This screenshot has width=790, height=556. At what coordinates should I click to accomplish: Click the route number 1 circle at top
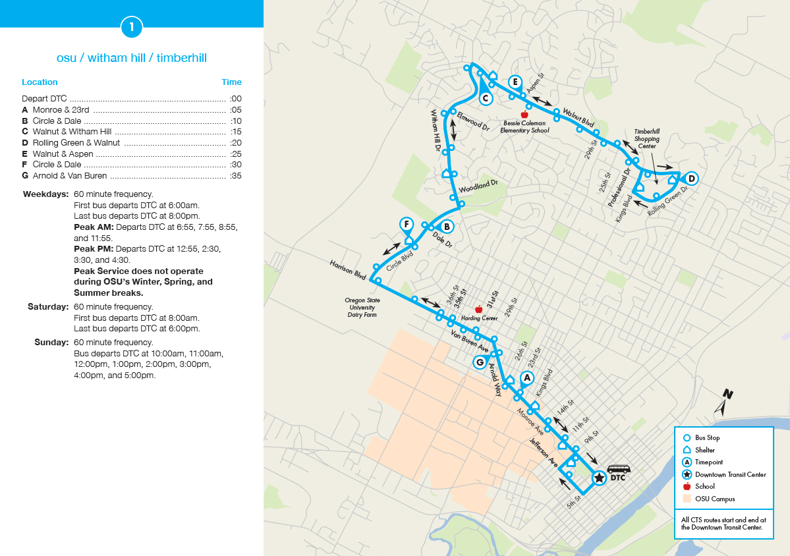pyautogui.click(x=132, y=26)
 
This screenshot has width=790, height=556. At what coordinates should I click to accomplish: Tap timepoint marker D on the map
pyautogui.click(x=691, y=178)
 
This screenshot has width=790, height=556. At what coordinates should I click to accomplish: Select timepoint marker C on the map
pyautogui.click(x=485, y=98)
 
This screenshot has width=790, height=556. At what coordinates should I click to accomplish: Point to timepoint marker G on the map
pyautogui.click(x=480, y=362)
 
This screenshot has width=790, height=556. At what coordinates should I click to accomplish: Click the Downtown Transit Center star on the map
pyautogui.click(x=599, y=478)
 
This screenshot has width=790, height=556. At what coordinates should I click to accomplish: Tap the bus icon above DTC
pyautogui.click(x=618, y=469)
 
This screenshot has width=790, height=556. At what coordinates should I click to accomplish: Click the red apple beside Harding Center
pyautogui.click(x=479, y=309)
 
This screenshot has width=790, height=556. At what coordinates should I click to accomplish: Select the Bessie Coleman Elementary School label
pyautogui.click(x=524, y=126)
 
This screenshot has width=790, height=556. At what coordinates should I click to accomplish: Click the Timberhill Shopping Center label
pyautogui.click(x=646, y=139)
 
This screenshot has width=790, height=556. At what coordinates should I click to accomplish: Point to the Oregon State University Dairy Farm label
pyautogui.click(x=360, y=308)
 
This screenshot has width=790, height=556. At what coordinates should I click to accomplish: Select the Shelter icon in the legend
pyautogui.click(x=686, y=450)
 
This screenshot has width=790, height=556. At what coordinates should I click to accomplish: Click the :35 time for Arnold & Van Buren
pyautogui.click(x=235, y=176)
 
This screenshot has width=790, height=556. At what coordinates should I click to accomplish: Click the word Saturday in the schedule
pyautogui.click(x=47, y=307)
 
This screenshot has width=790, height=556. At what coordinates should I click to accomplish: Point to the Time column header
pyautogui.click(x=231, y=82)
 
